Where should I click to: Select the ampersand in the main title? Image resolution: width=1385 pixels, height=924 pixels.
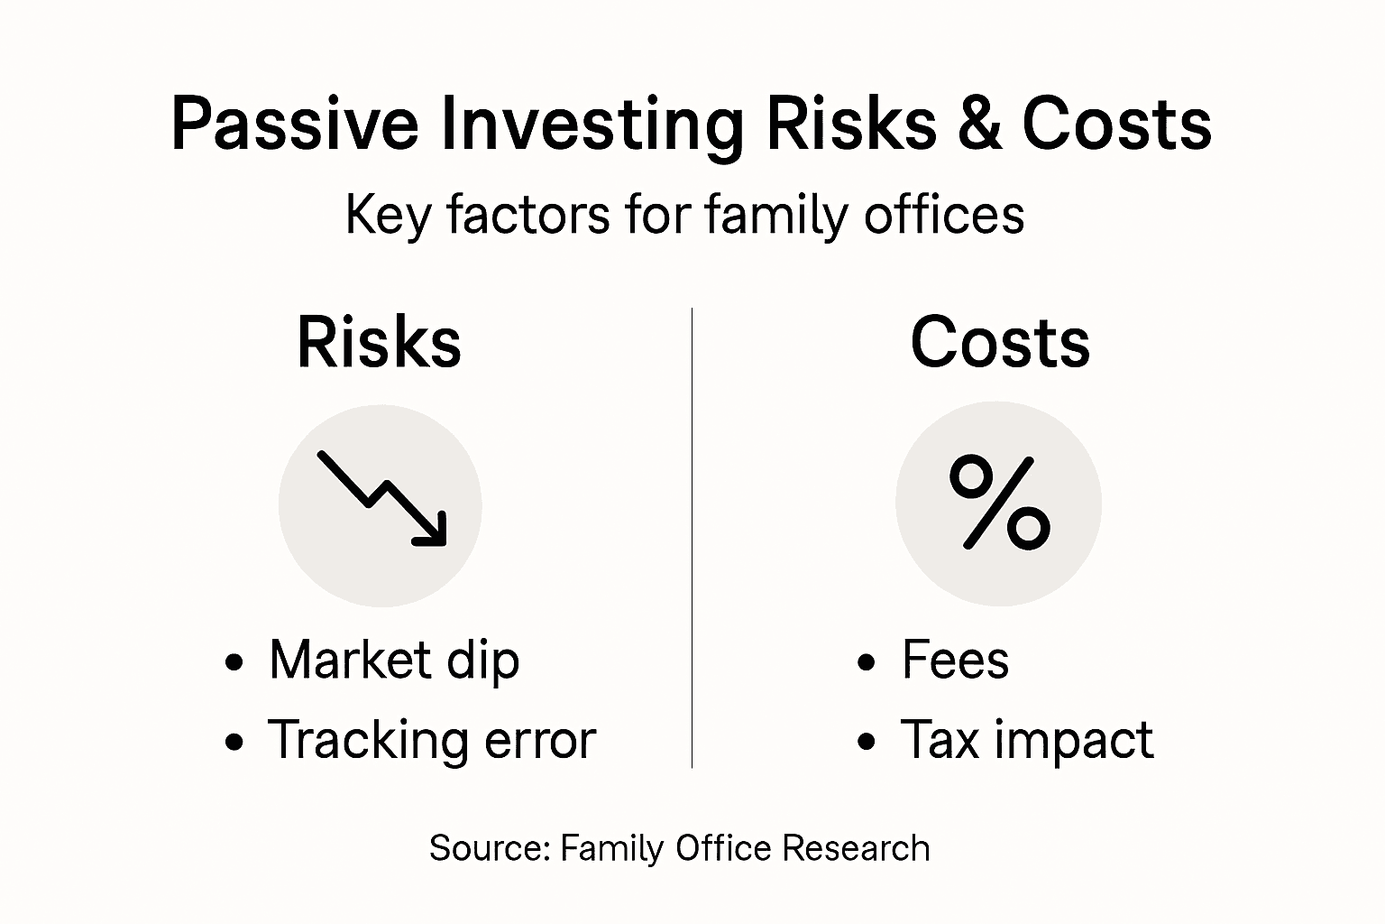(x=978, y=125)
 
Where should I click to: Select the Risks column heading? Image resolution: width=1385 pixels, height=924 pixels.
(x=379, y=342)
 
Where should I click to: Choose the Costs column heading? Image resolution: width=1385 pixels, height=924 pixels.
(x=1000, y=342)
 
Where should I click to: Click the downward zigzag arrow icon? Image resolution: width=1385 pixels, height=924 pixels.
(x=381, y=499)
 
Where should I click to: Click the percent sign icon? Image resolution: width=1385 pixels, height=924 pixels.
(x=999, y=504)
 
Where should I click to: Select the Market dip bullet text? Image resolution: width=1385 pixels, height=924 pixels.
(x=394, y=660)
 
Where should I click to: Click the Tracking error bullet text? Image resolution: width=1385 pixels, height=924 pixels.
(x=432, y=740)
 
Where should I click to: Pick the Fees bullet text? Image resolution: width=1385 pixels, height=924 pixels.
(x=955, y=660)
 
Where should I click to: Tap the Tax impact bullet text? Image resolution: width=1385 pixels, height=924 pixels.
(x=1027, y=740)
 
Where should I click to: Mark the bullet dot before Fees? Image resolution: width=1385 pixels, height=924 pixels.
(x=867, y=663)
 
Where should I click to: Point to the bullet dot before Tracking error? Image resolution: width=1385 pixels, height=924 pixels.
(x=234, y=743)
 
